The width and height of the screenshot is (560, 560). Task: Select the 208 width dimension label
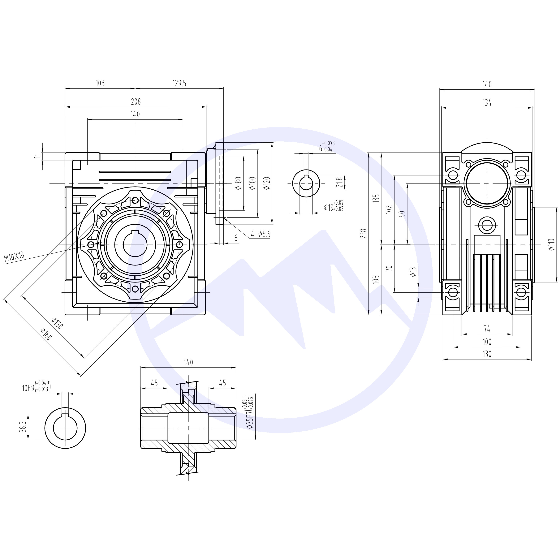[x=136, y=102]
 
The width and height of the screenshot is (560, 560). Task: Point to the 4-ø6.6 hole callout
[x=260, y=234]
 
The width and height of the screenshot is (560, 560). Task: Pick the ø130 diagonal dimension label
[x=57, y=323]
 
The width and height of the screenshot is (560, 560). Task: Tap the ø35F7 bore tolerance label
[x=250, y=412]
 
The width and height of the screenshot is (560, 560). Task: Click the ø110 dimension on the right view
[x=551, y=244]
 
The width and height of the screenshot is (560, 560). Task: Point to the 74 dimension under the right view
[x=487, y=329]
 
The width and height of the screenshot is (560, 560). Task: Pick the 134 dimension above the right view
[x=487, y=103]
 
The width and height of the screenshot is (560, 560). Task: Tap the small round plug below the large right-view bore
[x=487, y=224]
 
